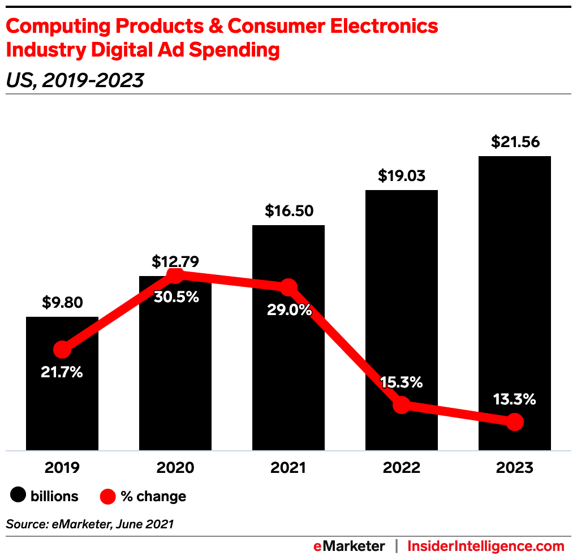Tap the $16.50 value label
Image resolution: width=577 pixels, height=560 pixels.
coord(288,212)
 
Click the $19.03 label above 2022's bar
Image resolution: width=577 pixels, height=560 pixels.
coord(402,176)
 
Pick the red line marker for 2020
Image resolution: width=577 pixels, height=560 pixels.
coord(175,275)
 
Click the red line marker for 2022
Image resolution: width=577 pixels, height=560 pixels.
coord(401,404)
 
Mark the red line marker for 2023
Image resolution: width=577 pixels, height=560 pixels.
coord(514,421)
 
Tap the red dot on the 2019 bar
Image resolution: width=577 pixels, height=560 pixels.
coord(62,350)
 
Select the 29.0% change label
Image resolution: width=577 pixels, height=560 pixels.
coord(289,310)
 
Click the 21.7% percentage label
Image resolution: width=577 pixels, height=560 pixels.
coord(62,373)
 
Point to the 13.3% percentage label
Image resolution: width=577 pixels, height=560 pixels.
coord(514,399)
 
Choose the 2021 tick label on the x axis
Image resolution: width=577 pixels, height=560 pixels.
coord(288,468)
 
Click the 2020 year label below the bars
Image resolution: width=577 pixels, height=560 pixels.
coord(175,468)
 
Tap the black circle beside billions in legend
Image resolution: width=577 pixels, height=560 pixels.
coord(19,496)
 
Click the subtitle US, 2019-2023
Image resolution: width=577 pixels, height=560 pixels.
coord(75,81)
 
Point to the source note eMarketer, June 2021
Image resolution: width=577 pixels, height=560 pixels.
coord(90,524)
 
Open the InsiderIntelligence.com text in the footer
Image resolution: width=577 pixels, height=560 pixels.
coord(486,546)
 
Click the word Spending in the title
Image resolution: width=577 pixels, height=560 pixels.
coord(234,50)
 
